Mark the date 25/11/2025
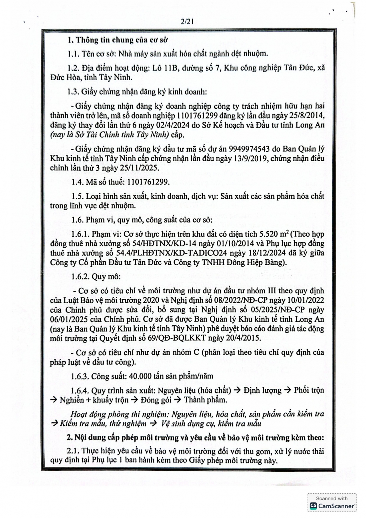[x=138, y=168]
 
